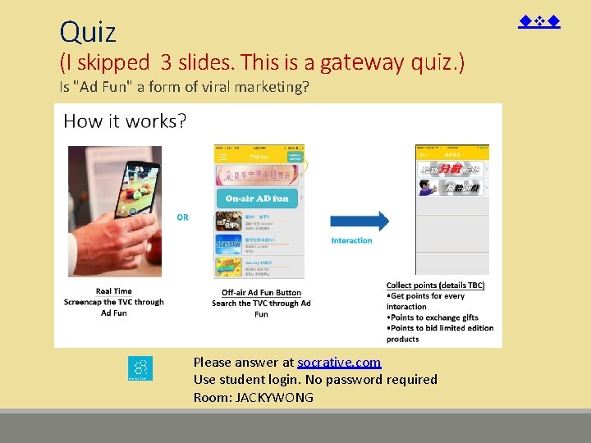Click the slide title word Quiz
pyautogui.click(x=88, y=33)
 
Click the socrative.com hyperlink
pyautogui.click(x=339, y=362)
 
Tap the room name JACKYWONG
pyautogui.click(x=274, y=397)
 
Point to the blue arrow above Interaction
pyautogui.click(x=360, y=221)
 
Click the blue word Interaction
pyautogui.click(x=351, y=240)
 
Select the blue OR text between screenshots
pyautogui.click(x=182, y=217)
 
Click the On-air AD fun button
pyautogui.click(x=258, y=199)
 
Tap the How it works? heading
pyautogui.click(x=125, y=121)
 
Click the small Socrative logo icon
pyautogui.click(x=140, y=368)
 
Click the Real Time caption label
pyautogui.click(x=113, y=291)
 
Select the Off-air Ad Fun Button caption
pyautogui.click(x=261, y=293)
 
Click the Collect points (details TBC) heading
pyautogui.click(x=435, y=285)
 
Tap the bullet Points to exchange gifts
pyautogui.click(x=433, y=317)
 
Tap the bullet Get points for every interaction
pyautogui.click(x=427, y=301)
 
